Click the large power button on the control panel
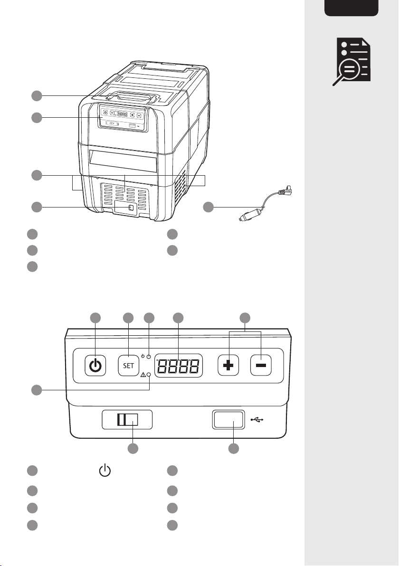(95, 366)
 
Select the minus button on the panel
(261, 366)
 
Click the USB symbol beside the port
(256, 420)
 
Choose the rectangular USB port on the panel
(228, 420)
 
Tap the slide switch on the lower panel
(128, 420)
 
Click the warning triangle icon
(143, 375)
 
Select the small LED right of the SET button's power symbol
(149, 357)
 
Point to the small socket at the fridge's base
(130, 208)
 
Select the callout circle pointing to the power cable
(208, 207)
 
